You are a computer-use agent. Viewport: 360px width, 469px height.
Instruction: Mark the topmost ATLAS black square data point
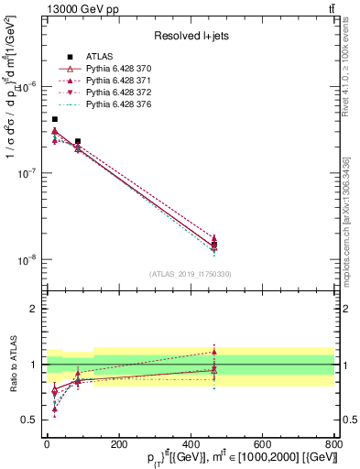pyautogui.click(x=55, y=119)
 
